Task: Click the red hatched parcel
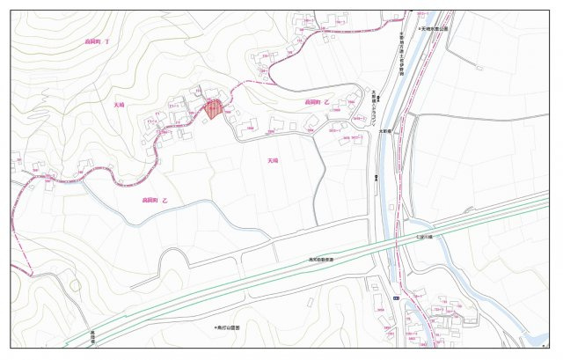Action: pyautogui.click(x=212, y=109)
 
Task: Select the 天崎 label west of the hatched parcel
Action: pyautogui.click(x=119, y=105)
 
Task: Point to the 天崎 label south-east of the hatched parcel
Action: pyautogui.click(x=272, y=161)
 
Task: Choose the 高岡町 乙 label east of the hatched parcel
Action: pyautogui.click(x=317, y=103)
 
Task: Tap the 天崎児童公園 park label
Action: pyautogui.click(x=435, y=29)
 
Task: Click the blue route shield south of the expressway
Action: pyautogui.click(x=395, y=300)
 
